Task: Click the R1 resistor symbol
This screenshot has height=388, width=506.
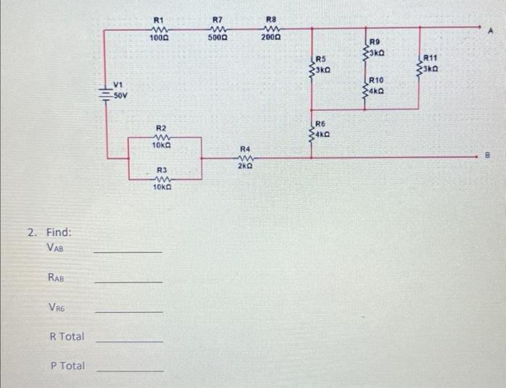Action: point(159,28)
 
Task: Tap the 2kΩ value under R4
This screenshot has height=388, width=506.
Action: point(244,166)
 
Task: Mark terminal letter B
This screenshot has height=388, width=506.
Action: point(494,154)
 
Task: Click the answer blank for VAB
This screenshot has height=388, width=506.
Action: point(129,250)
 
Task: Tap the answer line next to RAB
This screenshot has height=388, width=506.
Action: point(129,281)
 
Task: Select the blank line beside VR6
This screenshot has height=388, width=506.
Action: point(129,311)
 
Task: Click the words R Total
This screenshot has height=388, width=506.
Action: point(67,337)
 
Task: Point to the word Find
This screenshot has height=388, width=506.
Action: point(59,232)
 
